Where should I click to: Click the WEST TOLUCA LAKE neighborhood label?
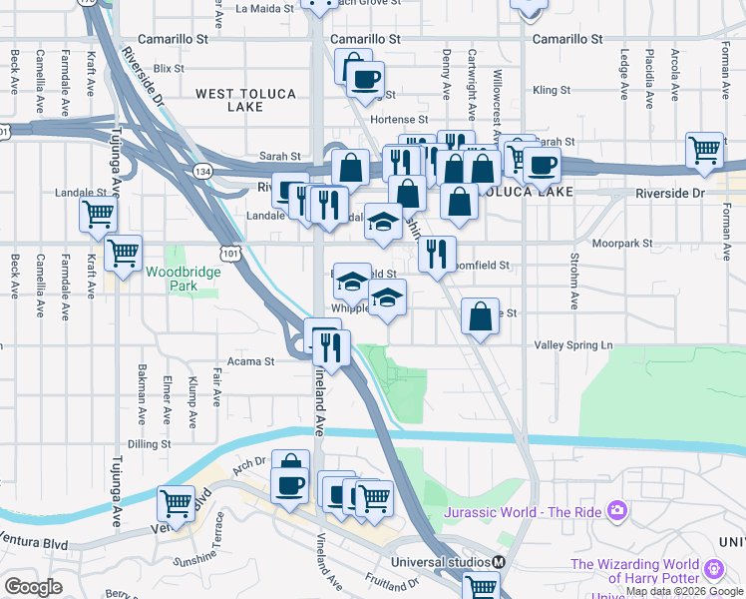point(245,100)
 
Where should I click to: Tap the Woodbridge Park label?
point(172,279)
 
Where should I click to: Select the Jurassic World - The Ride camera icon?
point(617,511)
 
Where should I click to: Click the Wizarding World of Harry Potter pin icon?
point(713,569)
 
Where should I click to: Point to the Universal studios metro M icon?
point(497,561)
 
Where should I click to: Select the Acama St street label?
point(250,361)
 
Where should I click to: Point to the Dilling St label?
point(150,444)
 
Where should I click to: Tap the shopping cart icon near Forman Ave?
point(704,150)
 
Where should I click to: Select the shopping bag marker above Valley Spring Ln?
point(481,316)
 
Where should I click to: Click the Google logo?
point(33,587)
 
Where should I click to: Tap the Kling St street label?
point(551,90)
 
